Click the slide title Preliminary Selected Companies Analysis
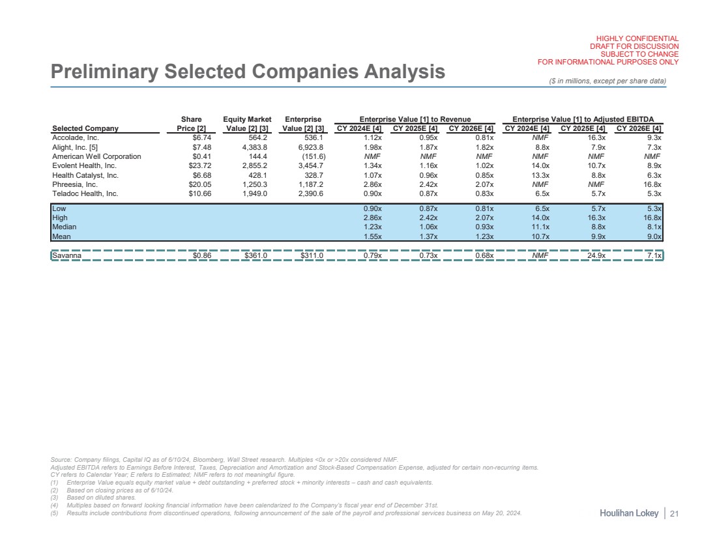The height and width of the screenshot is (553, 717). coord(248,71)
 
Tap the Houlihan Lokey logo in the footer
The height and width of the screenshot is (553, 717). coord(628,515)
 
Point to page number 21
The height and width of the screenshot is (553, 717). coord(675,515)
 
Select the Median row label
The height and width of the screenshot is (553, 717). coord(63,227)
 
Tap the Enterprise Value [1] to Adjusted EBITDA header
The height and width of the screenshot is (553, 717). coord(583,119)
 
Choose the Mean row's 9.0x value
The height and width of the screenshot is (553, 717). coord(652,236)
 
